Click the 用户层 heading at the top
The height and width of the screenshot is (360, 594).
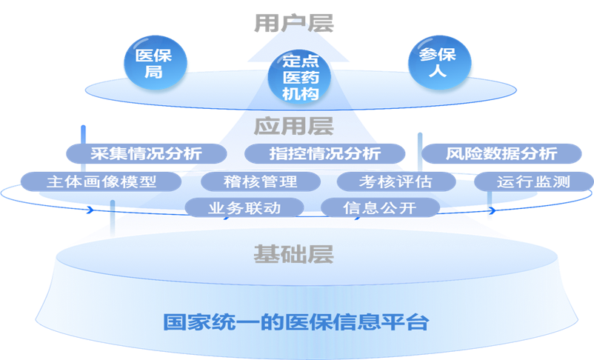tap(294, 21)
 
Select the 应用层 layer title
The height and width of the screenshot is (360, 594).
tap(294, 125)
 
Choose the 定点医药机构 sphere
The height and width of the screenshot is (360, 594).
tap(300, 76)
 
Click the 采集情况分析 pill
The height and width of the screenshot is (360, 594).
tap(146, 153)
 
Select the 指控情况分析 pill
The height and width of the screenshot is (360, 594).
tap(325, 153)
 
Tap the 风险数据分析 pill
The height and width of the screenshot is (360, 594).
tap(501, 153)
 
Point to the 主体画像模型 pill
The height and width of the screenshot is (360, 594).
tap(101, 181)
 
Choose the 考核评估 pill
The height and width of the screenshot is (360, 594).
tap(396, 181)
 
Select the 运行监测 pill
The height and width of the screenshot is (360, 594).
tap(533, 181)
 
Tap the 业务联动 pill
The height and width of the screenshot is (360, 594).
tap(244, 207)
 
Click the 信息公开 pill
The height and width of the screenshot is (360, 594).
tap(379, 207)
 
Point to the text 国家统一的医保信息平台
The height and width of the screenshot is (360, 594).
tap(296, 322)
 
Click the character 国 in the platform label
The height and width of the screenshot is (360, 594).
tap(173, 322)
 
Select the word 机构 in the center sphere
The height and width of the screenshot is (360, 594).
tap(300, 93)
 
